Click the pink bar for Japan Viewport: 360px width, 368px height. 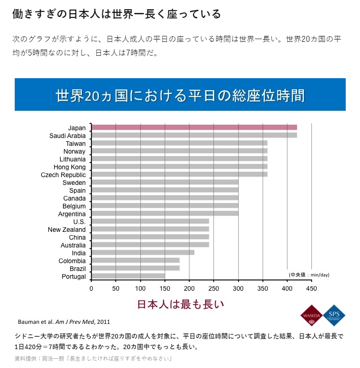pyautogui.click(x=194, y=127)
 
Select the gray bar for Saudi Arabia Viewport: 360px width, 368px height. pyautogui.click(x=194, y=135)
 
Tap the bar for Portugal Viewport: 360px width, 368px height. pyautogui.click(x=128, y=276)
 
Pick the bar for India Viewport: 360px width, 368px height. pyautogui.click(x=143, y=253)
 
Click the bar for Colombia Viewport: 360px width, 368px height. pyautogui.click(x=135, y=260)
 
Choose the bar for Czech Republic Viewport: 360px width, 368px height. pyautogui.click(x=179, y=175)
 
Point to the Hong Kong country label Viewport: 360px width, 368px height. pyautogui.click(x=69, y=167)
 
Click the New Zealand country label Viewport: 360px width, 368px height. pyautogui.click(x=67, y=230)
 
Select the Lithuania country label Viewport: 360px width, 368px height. pyautogui.click(x=73, y=159)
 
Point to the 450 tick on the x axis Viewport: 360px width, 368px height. pyautogui.click(x=311, y=289)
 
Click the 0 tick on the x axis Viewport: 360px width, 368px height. pyautogui.click(x=91, y=289)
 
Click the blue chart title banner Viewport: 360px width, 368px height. pyautogui.click(x=180, y=95)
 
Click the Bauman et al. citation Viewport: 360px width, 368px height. pyautogui.click(x=63, y=321)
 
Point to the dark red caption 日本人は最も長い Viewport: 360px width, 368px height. pyautogui.click(x=180, y=304)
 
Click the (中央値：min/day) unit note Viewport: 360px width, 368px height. pyautogui.click(x=309, y=275)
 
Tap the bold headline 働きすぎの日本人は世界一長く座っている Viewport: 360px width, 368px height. pyautogui.click(x=116, y=14)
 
